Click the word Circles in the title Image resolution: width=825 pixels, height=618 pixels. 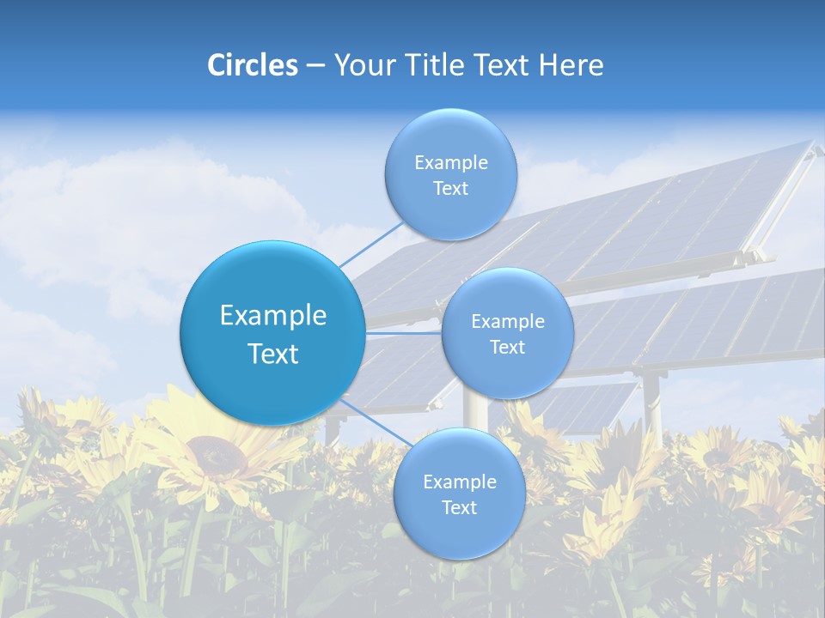253,65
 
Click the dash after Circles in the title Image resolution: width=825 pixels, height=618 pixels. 315,66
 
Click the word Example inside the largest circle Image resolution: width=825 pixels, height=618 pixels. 273,316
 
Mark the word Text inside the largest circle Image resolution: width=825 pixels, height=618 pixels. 273,354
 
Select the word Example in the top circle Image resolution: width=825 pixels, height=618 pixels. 451,163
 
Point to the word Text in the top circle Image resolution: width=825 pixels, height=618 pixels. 451,189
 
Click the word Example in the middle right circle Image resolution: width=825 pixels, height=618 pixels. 508,322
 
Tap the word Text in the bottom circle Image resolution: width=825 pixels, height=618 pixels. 459,507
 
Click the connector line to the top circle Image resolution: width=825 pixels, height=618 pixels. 372,245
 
